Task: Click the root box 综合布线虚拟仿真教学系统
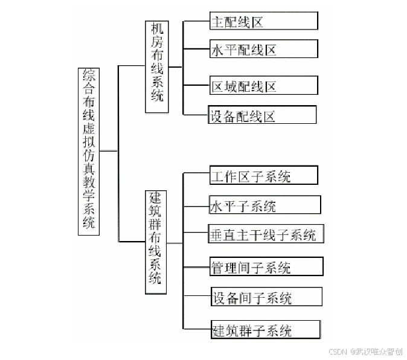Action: point(89,151)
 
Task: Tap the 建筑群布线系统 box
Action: point(155,242)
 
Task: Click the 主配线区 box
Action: point(263,21)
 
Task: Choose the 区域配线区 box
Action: point(263,86)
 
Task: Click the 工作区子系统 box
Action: point(263,176)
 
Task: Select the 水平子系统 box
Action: point(264,205)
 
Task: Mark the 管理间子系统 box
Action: point(265,266)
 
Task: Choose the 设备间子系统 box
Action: point(266,297)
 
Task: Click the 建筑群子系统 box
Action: point(264,330)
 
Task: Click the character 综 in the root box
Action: point(89,76)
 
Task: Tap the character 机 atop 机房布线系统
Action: point(156,28)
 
